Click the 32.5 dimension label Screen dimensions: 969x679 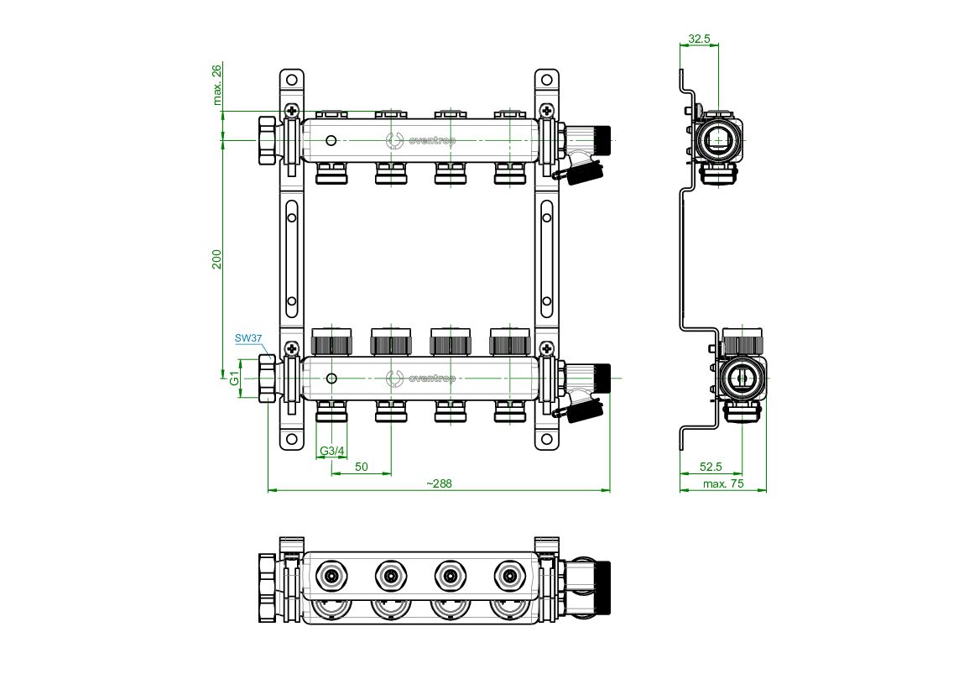(x=700, y=39)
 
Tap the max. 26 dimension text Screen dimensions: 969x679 (x=217, y=85)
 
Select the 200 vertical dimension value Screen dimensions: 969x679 (x=217, y=259)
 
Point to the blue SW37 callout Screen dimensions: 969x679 (x=248, y=338)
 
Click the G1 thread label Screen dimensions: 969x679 (x=235, y=378)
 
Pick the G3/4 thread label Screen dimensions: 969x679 (x=332, y=451)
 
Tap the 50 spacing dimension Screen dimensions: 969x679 (x=362, y=467)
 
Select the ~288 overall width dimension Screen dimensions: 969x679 (x=440, y=483)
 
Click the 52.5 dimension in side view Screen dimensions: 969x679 (x=711, y=467)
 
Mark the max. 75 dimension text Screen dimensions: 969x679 (x=723, y=483)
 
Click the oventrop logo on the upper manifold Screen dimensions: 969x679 (x=421, y=141)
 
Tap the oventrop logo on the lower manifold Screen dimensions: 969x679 (x=421, y=378)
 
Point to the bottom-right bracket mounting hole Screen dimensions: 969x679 (x=546, y=440)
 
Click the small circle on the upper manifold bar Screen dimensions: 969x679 (x=331, y=141)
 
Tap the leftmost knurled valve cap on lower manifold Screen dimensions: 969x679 (x=332, y=342)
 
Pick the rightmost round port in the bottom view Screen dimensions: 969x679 (x=510, y=577)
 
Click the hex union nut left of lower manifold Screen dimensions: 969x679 (x=267, y=378)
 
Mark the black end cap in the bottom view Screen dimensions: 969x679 (x=602, y=588)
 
